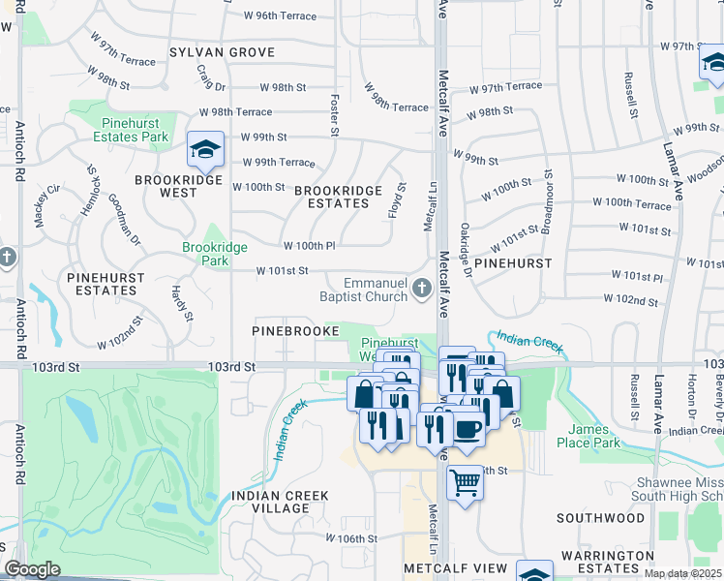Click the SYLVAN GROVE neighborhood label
click(222, 52)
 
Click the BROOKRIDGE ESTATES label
click(332, 197)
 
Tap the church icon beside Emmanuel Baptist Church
click(421, 288)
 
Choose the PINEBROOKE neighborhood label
click(294, 330)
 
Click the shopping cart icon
click(466, 481)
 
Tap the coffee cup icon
click(468, 428)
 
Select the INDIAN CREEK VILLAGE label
click(280, 503)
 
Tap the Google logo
click(32, 569)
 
